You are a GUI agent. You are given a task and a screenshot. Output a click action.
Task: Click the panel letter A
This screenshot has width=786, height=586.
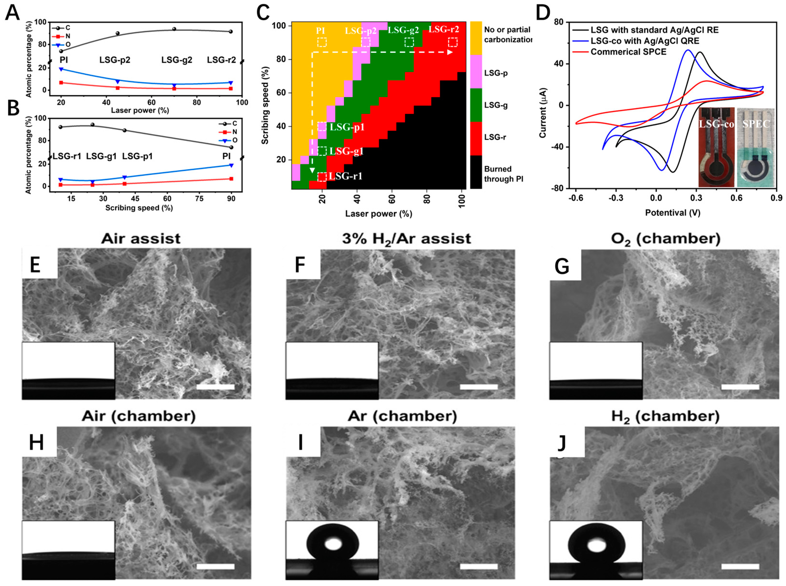coord(13,13)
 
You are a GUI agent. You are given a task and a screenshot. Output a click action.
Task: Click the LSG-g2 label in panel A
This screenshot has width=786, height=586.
coord(177,60)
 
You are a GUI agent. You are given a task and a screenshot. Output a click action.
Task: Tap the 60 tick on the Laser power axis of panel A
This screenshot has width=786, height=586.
coord(152,103)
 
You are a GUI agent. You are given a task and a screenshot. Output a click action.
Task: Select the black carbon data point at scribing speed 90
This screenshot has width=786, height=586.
coord(231,147)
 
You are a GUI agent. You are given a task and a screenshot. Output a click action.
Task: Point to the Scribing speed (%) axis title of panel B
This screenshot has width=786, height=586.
coord(139,208)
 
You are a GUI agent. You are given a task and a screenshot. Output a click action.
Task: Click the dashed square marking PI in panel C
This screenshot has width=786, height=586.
coord(322,42)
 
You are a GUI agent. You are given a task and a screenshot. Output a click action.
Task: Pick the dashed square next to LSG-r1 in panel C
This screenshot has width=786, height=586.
coord(322,177)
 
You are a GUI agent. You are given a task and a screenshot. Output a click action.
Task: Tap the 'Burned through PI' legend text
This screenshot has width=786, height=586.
coord(504,174)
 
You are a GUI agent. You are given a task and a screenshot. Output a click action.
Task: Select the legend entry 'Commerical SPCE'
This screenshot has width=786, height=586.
coord(628,52)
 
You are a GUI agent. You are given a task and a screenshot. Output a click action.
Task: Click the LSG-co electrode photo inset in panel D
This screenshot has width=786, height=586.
coord(716,147)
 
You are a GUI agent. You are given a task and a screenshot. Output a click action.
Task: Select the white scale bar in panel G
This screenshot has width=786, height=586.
coord(740,387)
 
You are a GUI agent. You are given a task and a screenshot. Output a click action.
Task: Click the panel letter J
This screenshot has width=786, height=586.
coord(561,443)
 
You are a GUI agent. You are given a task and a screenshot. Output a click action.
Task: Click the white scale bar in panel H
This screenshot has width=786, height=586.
coord(215,567)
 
